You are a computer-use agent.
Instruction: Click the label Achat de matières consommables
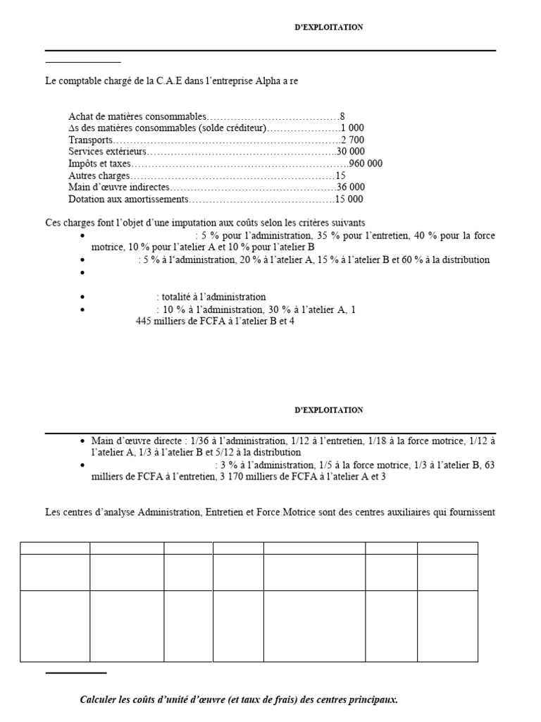coord(137,116)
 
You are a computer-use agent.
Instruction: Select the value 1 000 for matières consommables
coord(352,128)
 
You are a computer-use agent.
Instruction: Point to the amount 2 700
coord(352,140)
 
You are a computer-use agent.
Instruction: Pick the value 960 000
coord(366,164)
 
